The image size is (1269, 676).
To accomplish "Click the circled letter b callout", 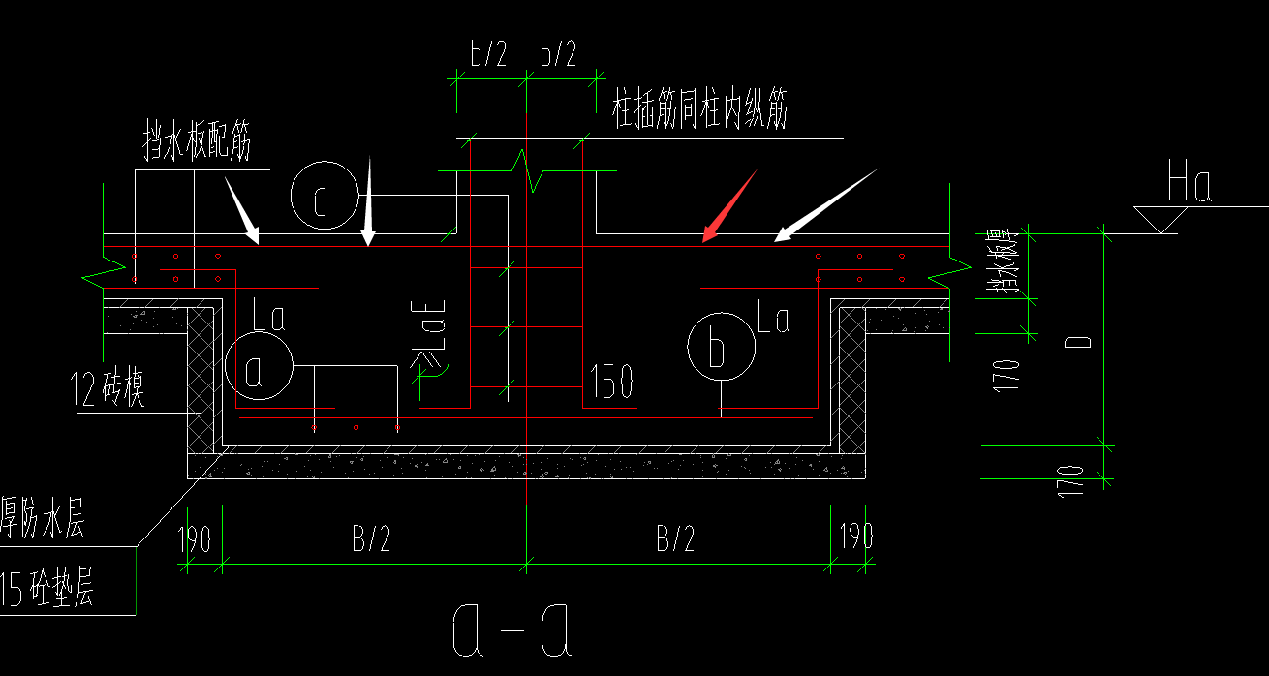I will point(719,347).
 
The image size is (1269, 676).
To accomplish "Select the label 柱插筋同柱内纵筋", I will point(700,110).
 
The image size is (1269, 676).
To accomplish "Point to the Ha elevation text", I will point(1190,184).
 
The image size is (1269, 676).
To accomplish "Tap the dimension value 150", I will point(610,382).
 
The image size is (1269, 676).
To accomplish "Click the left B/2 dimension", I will point(370,538).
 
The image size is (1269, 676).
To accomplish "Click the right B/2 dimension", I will point(675,538).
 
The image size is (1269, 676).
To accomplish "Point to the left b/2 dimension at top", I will point(489,54).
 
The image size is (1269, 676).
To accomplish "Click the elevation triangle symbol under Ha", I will point(1161,218).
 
